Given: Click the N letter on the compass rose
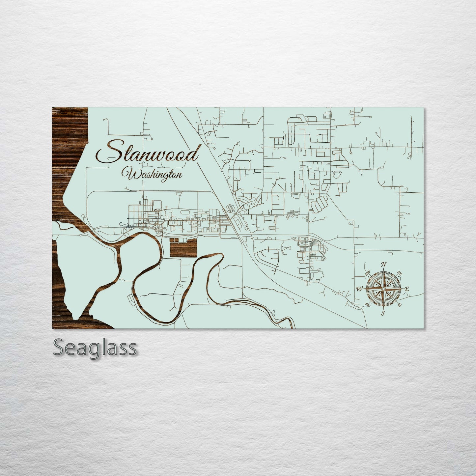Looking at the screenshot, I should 383,264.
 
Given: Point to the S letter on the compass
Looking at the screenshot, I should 383,313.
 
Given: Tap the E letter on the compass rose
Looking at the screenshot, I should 407,289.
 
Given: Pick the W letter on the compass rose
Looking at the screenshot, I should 359,289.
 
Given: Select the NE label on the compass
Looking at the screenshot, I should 400,273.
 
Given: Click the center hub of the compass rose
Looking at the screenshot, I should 383,289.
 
